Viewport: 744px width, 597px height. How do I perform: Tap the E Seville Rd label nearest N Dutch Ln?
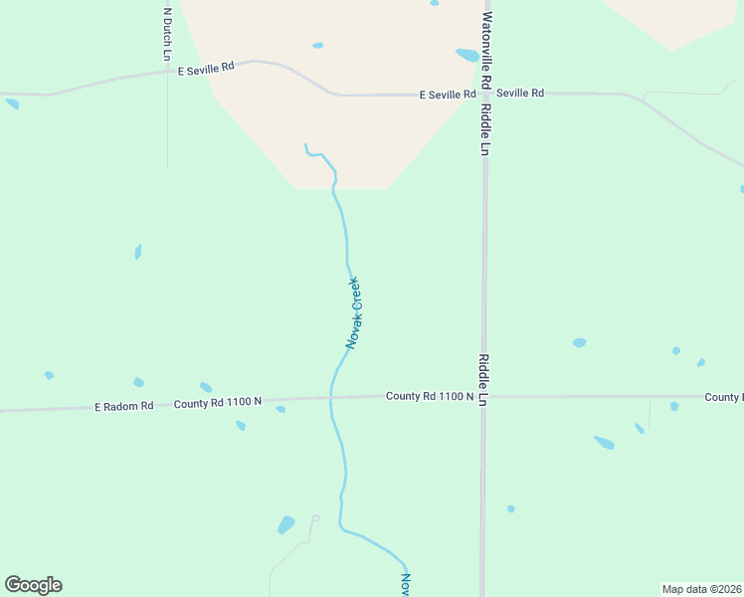click(206, 68)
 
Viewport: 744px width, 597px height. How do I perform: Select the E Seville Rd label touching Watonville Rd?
click(448, 95)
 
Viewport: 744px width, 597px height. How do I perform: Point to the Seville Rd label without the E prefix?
click(520, 94)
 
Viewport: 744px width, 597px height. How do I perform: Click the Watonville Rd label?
click(486, 47)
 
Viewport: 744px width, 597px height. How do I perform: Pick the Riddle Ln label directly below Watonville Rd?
click(485, 129)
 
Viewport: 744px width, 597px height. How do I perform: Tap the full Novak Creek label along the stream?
click(354, 312)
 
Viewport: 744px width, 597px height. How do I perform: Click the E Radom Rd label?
click(124, 406)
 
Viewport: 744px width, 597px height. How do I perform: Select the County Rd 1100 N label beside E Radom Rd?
click(217, 403)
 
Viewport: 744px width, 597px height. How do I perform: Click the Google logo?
click(34, 584)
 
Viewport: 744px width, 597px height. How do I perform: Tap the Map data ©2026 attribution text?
click(701, 589)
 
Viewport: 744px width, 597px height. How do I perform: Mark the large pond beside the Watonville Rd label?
click(465, 56)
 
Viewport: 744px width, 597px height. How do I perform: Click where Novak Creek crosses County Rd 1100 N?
click(331, 398)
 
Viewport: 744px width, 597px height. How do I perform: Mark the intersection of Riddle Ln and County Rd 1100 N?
click(483, 396)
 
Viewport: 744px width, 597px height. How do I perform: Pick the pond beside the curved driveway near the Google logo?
click(286, 523)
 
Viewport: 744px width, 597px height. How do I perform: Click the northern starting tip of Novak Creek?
click(305, 145)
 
